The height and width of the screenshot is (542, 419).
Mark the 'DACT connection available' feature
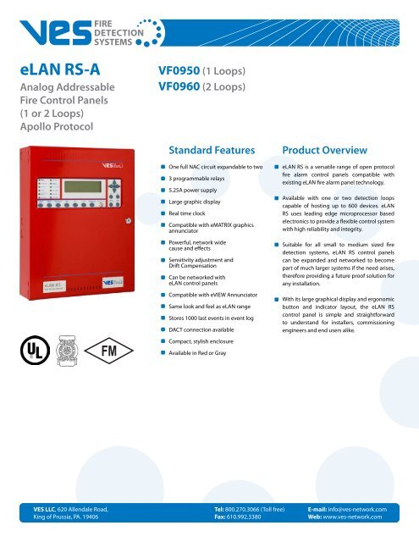[211, 353]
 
